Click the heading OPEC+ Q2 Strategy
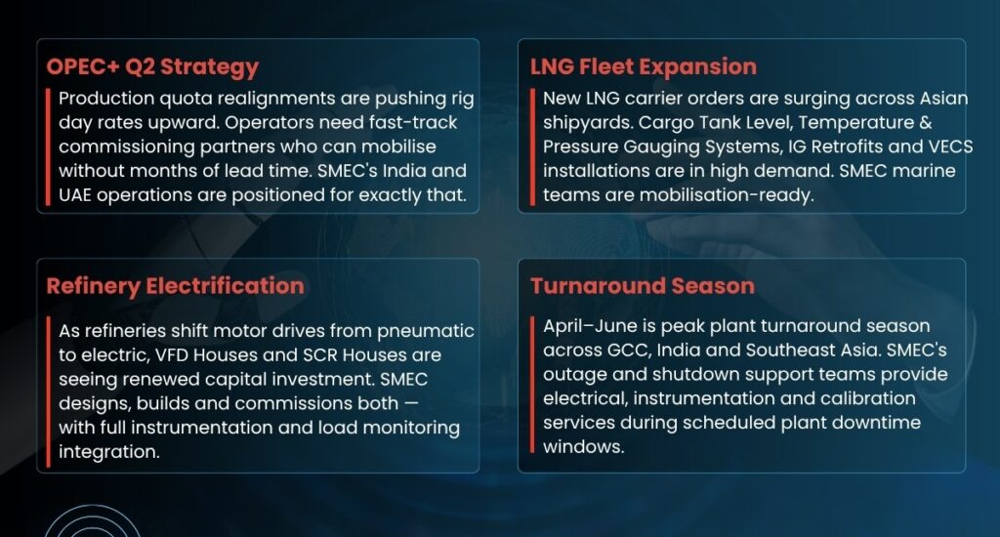click(x=152, y=67)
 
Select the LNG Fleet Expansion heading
click(x=644, y=66)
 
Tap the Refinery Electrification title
click(x=176, y=286)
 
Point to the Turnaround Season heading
click(x=643, y=286)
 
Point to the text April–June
click(x=589, y=326)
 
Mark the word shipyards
click(x=587, y=123)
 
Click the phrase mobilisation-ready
click(x=727, y=195)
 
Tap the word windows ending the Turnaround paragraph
click(x=584, y=446)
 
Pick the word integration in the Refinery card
click(x=109, y=451)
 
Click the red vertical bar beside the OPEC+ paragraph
click(x=48, y=146)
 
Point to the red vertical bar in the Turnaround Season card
click(x=532, y=385)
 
